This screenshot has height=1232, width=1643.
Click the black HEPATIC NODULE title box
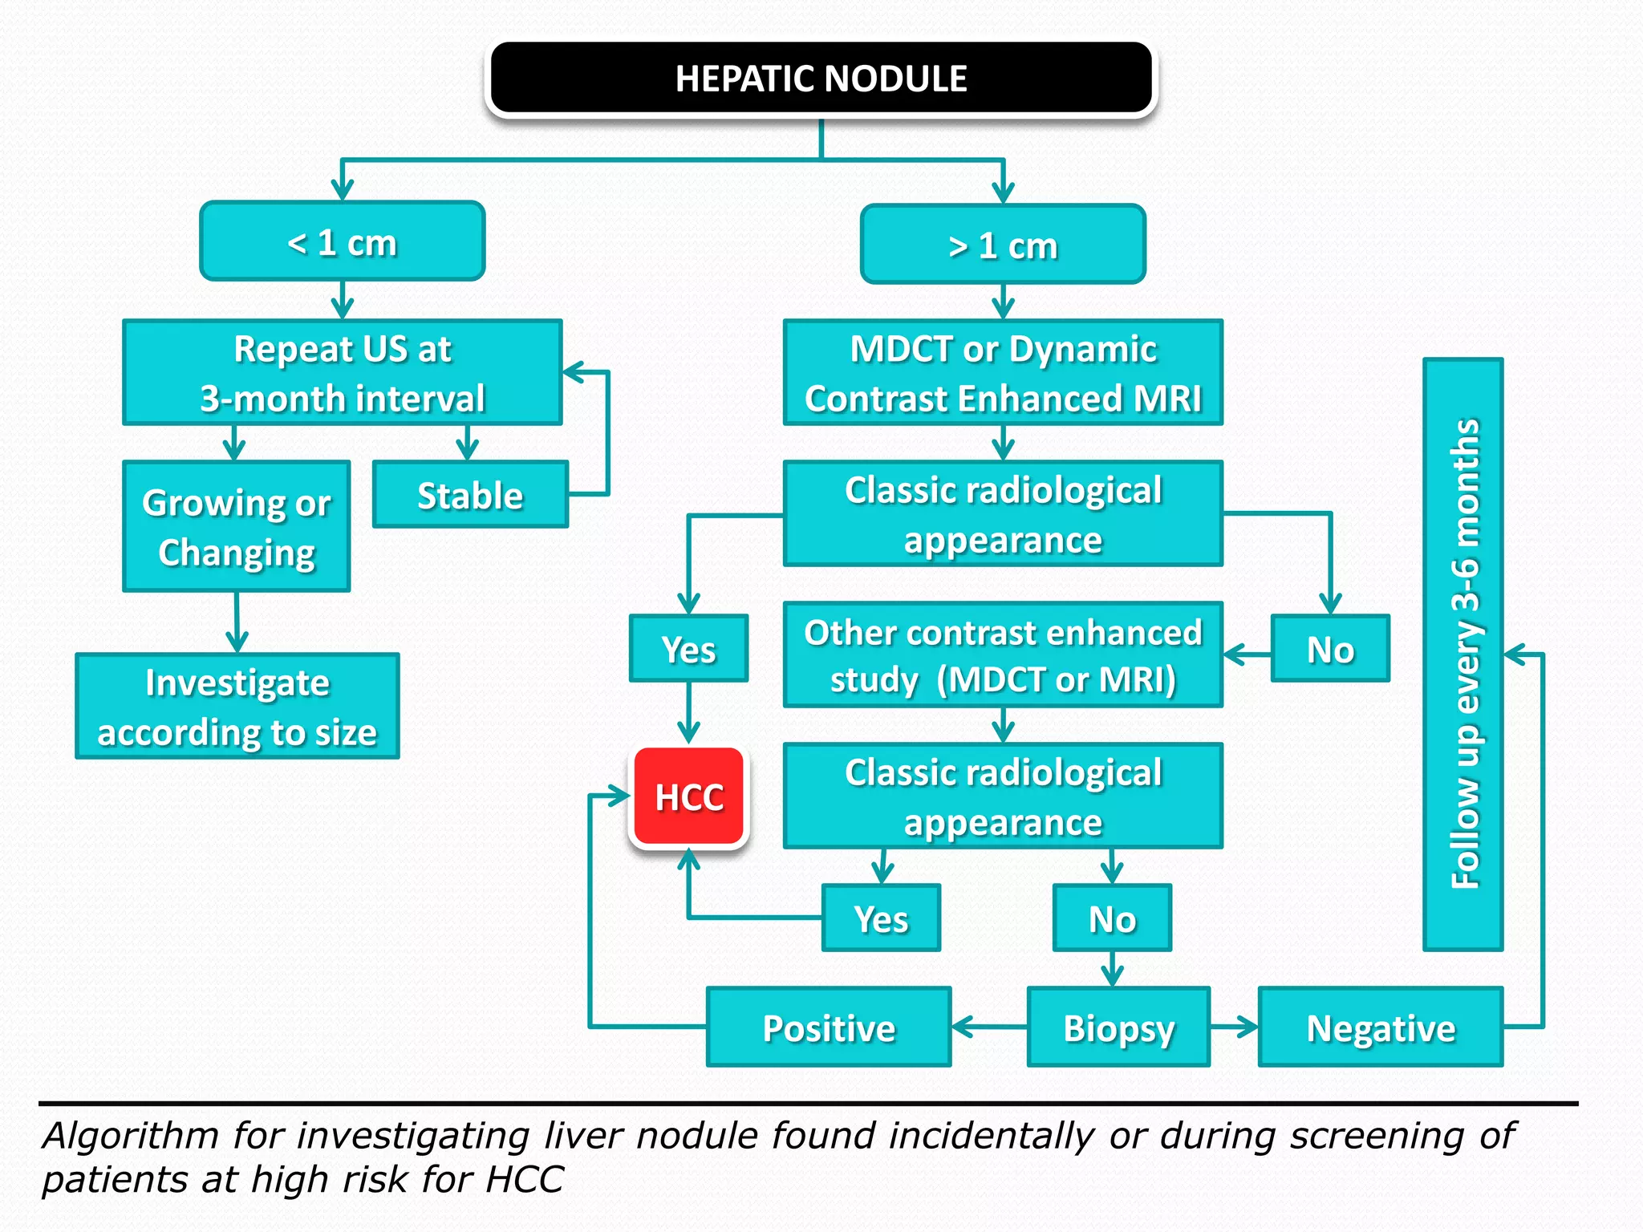(x=821, y=79)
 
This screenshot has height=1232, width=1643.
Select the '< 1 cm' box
(x=343, y=241)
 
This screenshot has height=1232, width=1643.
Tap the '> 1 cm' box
(x=1003, y=245)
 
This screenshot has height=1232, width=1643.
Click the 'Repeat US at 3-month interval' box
(x=343, y=373)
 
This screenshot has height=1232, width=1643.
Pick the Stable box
(x=470, y=495)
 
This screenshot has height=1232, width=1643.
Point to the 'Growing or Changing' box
(x=237, y=527)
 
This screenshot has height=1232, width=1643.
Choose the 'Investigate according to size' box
(x=237, y=707)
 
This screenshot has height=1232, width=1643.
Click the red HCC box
(x=689, y=796)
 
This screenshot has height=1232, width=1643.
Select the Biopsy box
(x=1118, y=1027)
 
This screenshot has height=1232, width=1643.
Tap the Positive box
(x=829, y=1027)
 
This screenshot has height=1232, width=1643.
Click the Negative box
(x=1381, y=1027)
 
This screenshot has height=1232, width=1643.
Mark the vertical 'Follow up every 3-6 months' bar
(x=1463, y=654)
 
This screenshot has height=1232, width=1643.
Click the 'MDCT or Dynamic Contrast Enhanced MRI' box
(x=1003, y=373)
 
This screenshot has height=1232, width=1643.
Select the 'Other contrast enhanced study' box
(x=1003, y=655)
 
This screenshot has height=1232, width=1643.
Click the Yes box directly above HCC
(x=689, y=649)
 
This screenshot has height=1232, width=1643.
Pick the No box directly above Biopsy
(x=1112, y=918)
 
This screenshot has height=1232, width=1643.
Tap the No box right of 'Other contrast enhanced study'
(x=1330, y=649)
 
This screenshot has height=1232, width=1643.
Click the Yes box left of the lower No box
(x=881, y=918)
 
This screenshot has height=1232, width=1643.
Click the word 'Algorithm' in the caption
(x=131, y=1136)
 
